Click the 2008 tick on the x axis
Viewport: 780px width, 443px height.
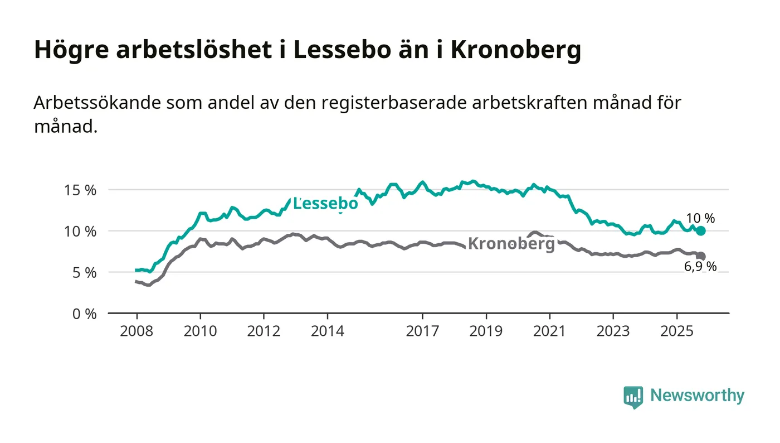tap(136, 331)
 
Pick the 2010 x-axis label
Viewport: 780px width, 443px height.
tap(200, 331)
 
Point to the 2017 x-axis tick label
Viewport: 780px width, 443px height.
tap(423, 331)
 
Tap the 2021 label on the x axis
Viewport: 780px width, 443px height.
tap(550, 331)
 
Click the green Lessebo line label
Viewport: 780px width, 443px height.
tap(325, 204)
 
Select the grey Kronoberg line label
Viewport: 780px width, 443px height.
tap(511, 244)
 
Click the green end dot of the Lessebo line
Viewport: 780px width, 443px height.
tap(701, 231)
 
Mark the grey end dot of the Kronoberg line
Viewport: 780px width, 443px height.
tap(701, 256)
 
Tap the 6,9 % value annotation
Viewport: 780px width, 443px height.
tap(700, 267)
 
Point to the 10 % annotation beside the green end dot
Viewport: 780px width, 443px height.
tap(701, 219)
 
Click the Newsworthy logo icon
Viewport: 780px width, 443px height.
tap(633, 397)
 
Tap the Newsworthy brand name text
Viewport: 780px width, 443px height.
tap(697, 396)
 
